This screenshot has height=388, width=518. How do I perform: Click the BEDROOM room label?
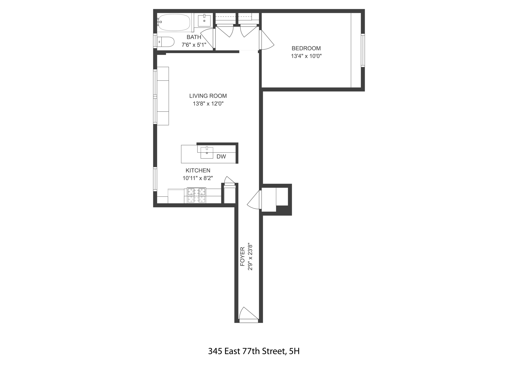click(x=306, y=49)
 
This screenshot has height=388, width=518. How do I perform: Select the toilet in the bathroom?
click(x=166, y=42)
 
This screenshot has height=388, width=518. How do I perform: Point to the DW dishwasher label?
click(x=221, y=157)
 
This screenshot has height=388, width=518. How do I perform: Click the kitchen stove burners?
click(x=196, y=195)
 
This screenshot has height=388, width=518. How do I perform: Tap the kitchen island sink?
click(x=207, y=153)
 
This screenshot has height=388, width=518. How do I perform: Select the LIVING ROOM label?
click(x=208, y=96)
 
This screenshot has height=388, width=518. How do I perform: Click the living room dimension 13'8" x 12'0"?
click(x=208, y=104)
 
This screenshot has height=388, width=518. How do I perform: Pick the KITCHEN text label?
click(x=198, y=170)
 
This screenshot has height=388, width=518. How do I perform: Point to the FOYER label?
click(x=243, y=256)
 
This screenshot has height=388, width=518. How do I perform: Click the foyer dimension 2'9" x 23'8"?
click(x=250, y=257)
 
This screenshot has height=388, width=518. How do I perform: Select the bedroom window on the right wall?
click(x=363, y=50)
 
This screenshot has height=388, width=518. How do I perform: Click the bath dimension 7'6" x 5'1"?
click(x=194, y=45)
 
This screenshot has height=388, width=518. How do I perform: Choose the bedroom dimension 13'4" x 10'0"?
click(x=306, y=56)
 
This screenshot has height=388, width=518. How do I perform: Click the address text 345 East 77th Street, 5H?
click(x=254, y=351)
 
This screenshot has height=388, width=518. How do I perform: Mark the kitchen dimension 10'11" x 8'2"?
click(x=198, y=178)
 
